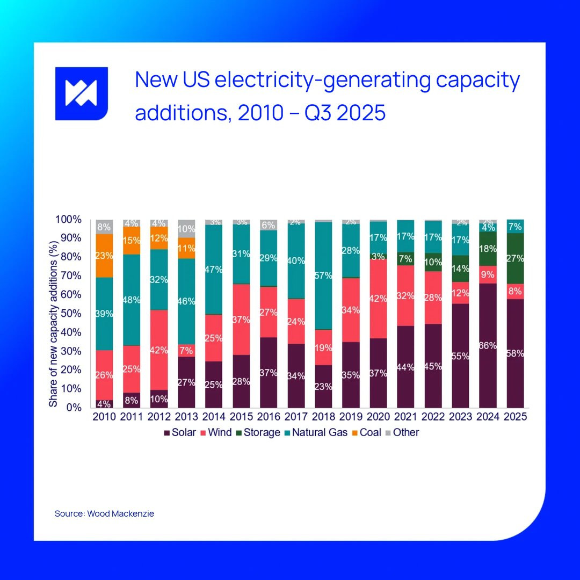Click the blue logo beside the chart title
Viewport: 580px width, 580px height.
point(82,93)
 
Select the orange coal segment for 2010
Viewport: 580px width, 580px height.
point(104,256)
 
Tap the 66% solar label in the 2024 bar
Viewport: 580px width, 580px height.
point(488,345)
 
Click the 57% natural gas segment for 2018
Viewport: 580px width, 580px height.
point(323,275)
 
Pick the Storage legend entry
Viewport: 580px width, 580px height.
point(257,432)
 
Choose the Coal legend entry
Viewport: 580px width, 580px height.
point(366,432)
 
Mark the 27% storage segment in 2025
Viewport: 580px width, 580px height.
point(515,258)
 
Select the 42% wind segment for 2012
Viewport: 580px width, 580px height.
point(159,350)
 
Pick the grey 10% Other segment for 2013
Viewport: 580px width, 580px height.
point(186,229)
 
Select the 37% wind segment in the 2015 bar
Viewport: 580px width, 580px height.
point(241,320)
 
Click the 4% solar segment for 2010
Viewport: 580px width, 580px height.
point(104,403)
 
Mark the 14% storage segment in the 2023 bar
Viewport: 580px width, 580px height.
point(460,269)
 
